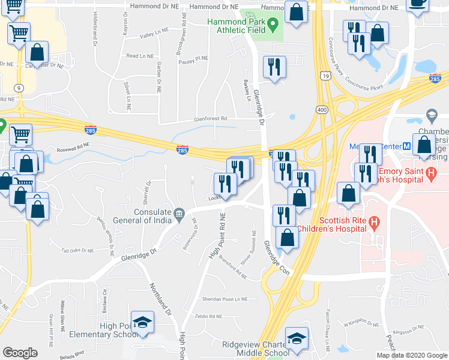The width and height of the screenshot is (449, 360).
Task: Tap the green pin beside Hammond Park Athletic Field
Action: click(273, 25)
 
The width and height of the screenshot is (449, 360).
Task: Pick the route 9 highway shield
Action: click(20, 88)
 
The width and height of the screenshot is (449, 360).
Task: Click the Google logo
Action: click(20, 353)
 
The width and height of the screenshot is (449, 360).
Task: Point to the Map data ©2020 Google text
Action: click(412, 355)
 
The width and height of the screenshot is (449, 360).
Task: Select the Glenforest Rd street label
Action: click(210, 119)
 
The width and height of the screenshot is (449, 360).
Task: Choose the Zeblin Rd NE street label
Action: click(208, 316)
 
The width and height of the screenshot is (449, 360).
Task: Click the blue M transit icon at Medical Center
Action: click(406, 146)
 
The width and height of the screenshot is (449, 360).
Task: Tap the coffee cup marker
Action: click(418, 2)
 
